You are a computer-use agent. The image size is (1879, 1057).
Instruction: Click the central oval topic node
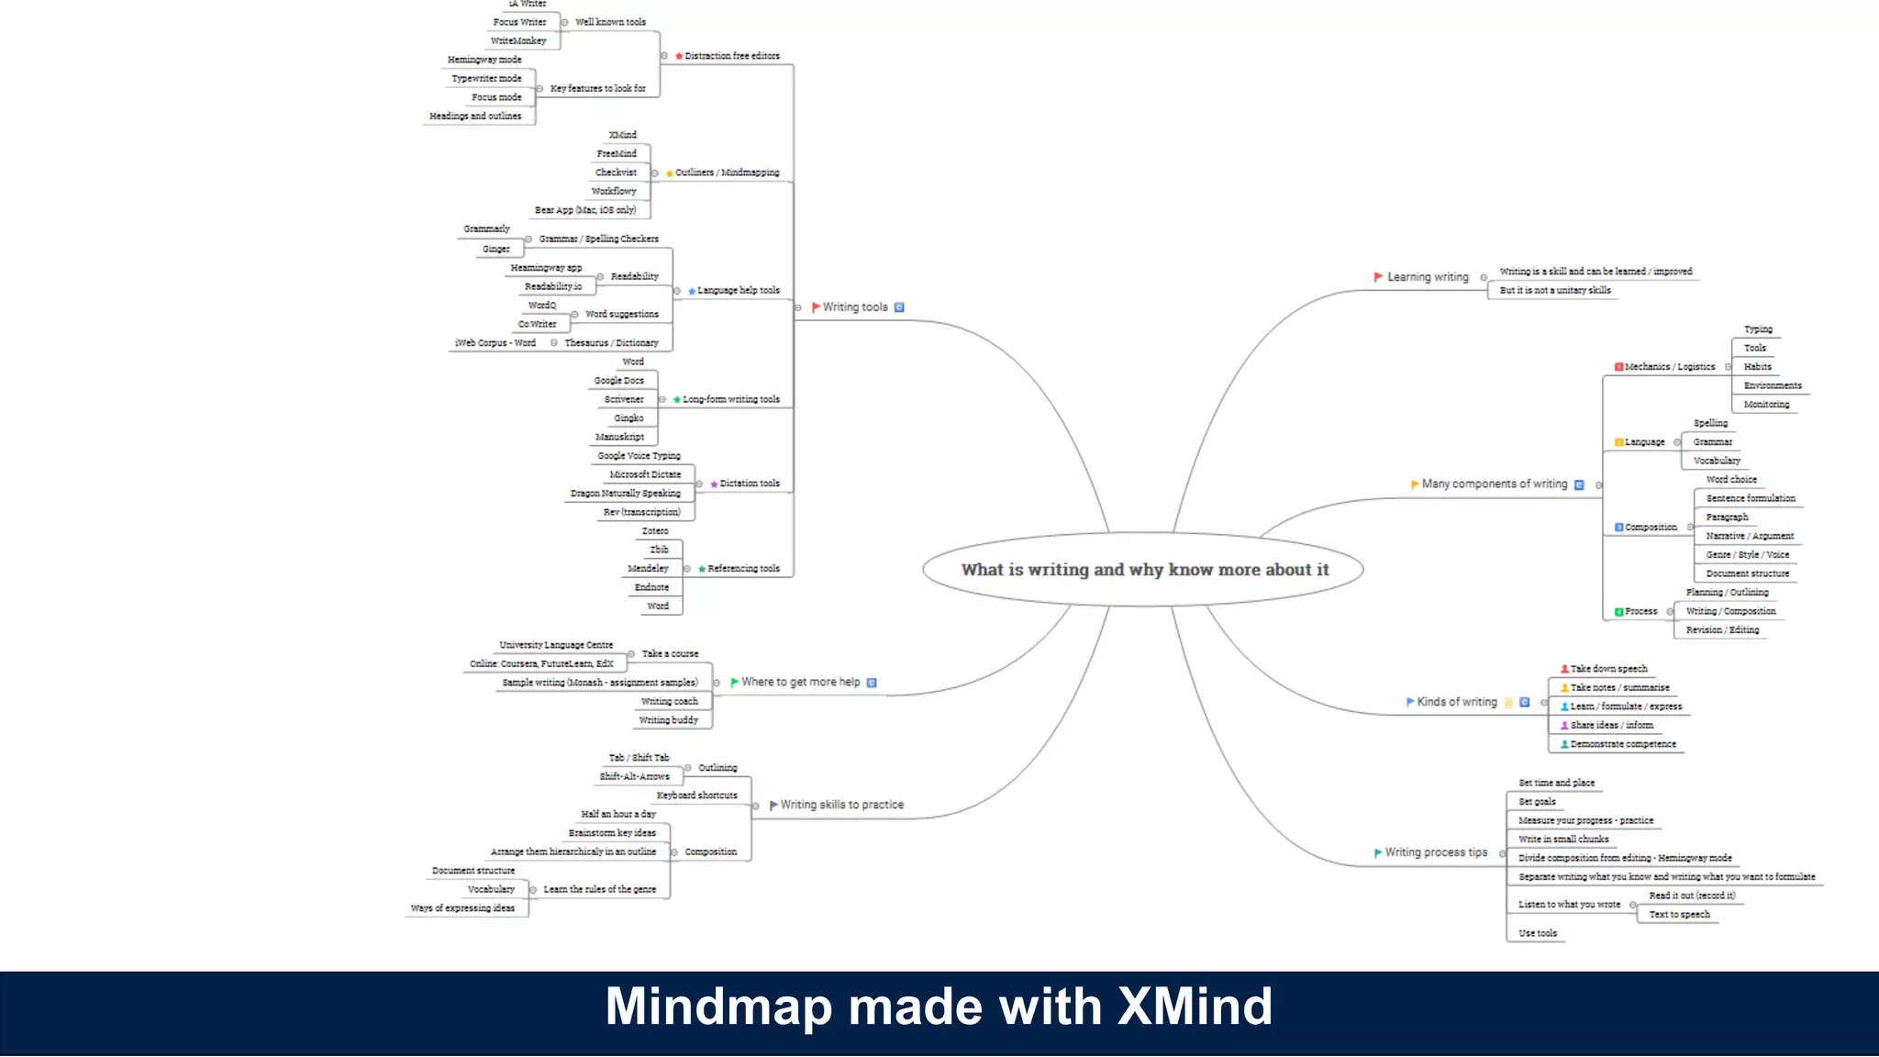[1143, 570]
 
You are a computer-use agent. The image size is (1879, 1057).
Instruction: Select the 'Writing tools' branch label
[855, 307]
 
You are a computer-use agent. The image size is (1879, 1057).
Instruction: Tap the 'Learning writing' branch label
[1428, 277]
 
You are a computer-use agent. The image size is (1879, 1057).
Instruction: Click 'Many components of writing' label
[1495, 484]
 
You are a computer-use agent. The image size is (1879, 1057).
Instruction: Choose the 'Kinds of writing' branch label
[1456, 702]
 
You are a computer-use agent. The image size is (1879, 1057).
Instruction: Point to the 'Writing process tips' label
[1436, 852]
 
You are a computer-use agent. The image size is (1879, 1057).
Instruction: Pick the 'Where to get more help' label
[800, 683]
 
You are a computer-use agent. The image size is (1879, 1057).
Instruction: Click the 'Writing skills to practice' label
[841, 805]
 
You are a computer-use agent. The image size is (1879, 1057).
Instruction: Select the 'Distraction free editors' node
[731, 56]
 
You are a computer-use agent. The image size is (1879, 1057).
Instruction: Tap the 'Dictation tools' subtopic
[750, 484]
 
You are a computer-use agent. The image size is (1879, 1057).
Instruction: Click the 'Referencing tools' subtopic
[743, 569]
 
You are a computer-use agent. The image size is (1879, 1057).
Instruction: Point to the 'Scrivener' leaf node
[624, 399]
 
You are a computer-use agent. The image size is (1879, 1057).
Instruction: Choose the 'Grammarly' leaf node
[486, 229]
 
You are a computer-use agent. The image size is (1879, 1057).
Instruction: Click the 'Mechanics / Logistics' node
[1669, 367]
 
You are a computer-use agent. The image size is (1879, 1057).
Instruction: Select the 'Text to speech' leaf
[1679, 915]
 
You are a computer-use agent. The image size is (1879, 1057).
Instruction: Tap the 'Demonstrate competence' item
[1622, 744]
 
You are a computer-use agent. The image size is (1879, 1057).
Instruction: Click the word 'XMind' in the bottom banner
[1195, 1007]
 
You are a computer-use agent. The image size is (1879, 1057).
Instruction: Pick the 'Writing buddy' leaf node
[668, 720]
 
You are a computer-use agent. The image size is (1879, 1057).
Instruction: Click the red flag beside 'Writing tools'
[816, 307]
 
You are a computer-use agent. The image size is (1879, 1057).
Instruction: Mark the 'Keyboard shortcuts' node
[696, 796]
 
